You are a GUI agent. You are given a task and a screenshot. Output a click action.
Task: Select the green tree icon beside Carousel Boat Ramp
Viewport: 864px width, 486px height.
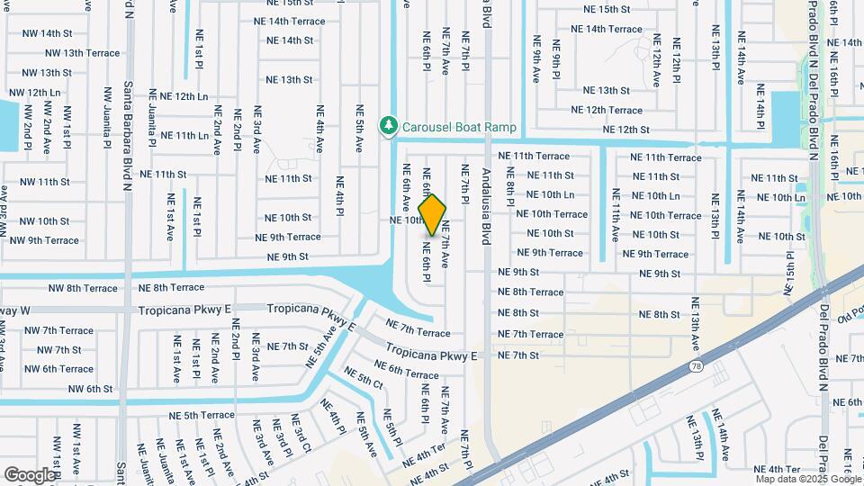coord(389,125)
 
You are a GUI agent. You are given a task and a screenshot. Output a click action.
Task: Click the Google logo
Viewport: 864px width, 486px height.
coord(30,474)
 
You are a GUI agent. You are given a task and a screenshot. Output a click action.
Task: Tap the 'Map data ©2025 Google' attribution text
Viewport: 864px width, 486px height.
coord(806,480)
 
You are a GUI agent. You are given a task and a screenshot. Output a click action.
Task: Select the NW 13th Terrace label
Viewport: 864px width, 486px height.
coord(79,53)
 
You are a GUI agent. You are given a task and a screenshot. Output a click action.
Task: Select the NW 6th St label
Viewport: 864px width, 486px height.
coord(78,390)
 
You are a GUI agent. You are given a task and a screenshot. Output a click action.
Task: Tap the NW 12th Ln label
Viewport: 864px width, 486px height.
coord(34,93)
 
